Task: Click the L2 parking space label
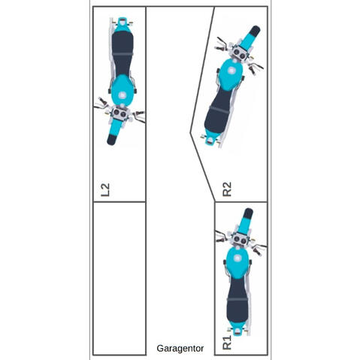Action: pos(105,189)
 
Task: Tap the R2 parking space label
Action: pos(227,189)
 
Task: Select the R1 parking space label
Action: pos(227,343)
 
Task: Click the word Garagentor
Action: pos(180,349)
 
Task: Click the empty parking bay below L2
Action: pos(119,278)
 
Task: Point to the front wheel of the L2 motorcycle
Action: pos(111,140)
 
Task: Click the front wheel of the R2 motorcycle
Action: pos(255,31)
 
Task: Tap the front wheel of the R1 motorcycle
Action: pos(248,213)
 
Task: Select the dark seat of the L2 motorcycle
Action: pos(123,53)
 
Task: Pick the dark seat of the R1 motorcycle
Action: pos(237,299)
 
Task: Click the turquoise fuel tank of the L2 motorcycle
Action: pos(122,91)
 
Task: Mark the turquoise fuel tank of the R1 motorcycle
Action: pos(237,262)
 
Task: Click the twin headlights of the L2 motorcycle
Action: pos(119,113)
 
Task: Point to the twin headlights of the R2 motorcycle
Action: pos(239,54)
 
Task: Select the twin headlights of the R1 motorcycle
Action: pos(240,240)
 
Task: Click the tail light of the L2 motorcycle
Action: pos(122,22)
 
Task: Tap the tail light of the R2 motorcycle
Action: pos(210,141)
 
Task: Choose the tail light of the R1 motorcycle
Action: pos(237,332)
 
